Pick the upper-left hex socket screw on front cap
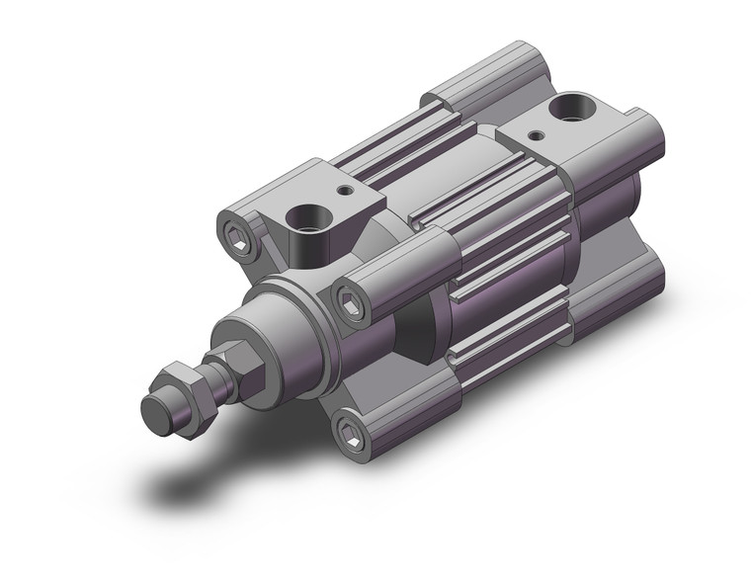pyautogui.click(x=237, y=237)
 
